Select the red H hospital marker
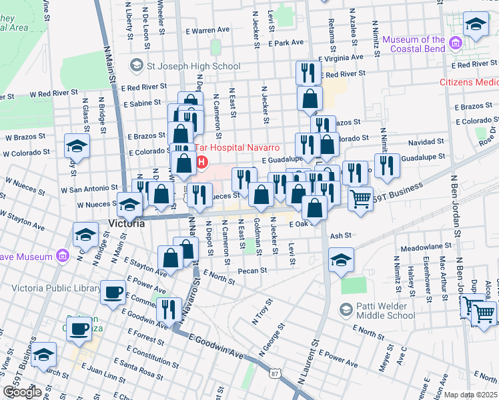pos(201,162)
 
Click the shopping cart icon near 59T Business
pos(360,198)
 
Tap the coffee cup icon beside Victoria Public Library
pos(112,291)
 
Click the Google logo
pos(21,392)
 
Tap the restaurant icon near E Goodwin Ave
pos(169,309)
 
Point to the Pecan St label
pos(254,271)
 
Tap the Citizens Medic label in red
pos(468,83)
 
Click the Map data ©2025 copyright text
pos(470,395)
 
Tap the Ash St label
pos(340,235)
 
